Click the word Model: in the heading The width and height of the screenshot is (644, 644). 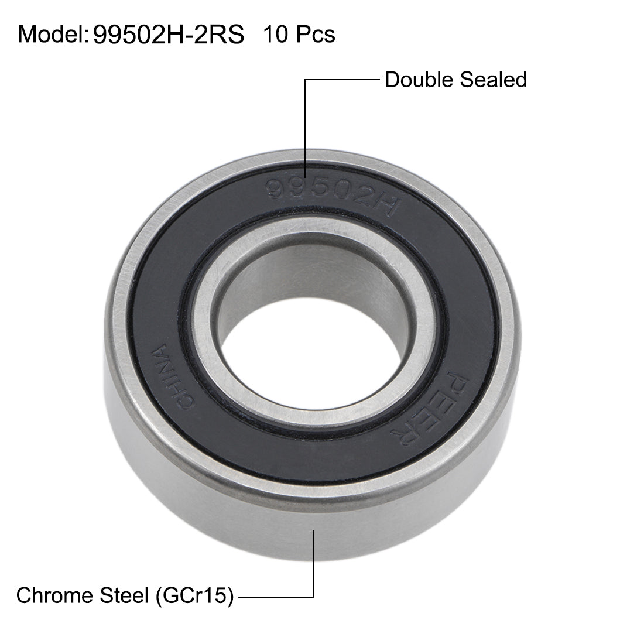[x=52, y=35]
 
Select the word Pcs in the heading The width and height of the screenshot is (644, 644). [x=314, y=35]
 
